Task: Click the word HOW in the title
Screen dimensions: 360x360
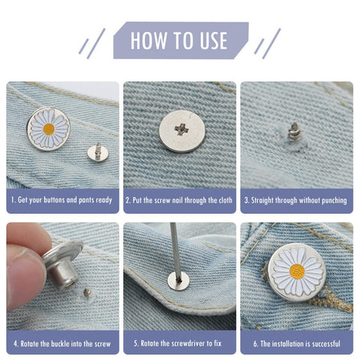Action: tap(148, 40)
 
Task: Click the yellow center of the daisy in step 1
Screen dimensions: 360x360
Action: tap(49, 129)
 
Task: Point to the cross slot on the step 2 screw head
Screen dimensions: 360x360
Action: tap(181, 129)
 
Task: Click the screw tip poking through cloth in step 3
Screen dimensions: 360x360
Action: tap(292, 131)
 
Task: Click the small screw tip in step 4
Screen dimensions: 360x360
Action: tap(87, 292)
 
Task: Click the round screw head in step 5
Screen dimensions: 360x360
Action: tap(178, 281)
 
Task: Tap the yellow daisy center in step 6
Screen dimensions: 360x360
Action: tap(297, 271)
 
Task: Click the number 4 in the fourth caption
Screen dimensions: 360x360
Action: tap(16, 343)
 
